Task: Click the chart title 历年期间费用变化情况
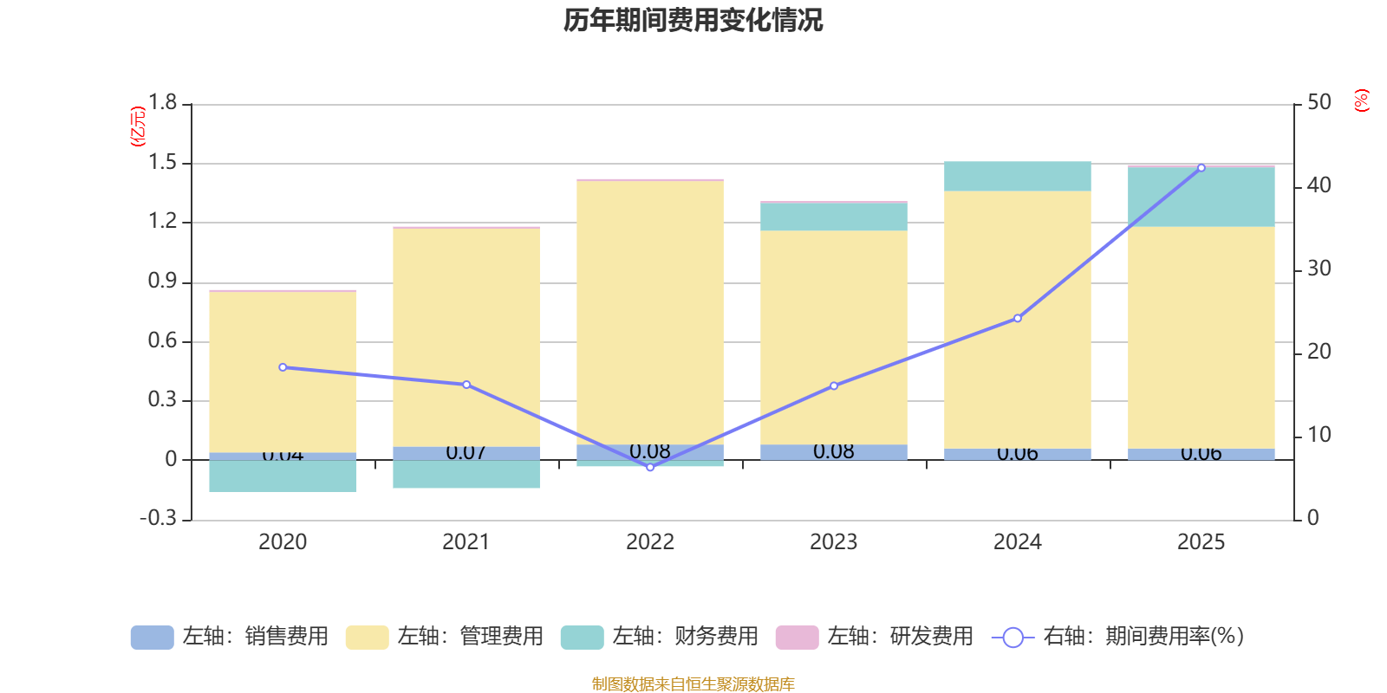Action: (x=693, y=20)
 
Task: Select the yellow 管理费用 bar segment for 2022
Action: (x=650, y=312)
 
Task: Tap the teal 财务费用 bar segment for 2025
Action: (x=1201, y=197)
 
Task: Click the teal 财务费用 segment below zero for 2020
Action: (x=283, y=476)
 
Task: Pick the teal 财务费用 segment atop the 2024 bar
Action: (x=1017, y=176)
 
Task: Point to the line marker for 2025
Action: (x=1201, y=168)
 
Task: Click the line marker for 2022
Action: (x=650, y=467)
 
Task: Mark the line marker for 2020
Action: (x=283, y=367)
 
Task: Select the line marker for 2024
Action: (x=1017, y=318)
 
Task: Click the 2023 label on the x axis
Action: (x=833, y=541)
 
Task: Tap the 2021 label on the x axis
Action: (x=466, y=541)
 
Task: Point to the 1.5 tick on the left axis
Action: (x=162, y=163)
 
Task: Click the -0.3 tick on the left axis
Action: (x=158, y=518)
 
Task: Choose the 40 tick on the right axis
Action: (x=1319, y=185)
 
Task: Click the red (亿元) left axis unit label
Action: (x=138, y=126)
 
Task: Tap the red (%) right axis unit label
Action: (x=1361, y=100)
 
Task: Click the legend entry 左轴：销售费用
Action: (x=230, y=637)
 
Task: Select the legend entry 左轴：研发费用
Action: (x=875, y=637)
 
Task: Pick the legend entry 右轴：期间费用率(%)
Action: (x=1118, y=637)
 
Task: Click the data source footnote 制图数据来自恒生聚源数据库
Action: (x=693, y=684)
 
